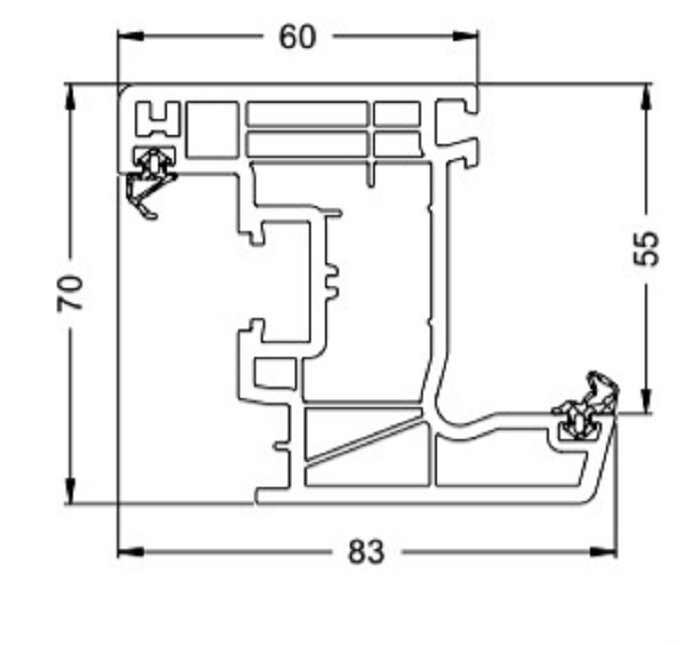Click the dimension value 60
297,37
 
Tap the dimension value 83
366,552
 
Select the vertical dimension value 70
71,293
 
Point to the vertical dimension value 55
646,248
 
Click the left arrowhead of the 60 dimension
131,36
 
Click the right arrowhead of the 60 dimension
465,36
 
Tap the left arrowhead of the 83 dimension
131,552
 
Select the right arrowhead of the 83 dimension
604,552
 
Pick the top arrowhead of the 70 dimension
71,97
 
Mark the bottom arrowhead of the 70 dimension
71,490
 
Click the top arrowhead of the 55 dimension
646,97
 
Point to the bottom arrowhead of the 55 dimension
646,400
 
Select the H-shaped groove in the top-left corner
158,119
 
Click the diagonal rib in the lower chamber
364,440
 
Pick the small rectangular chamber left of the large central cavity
275,373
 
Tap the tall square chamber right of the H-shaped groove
212,129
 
